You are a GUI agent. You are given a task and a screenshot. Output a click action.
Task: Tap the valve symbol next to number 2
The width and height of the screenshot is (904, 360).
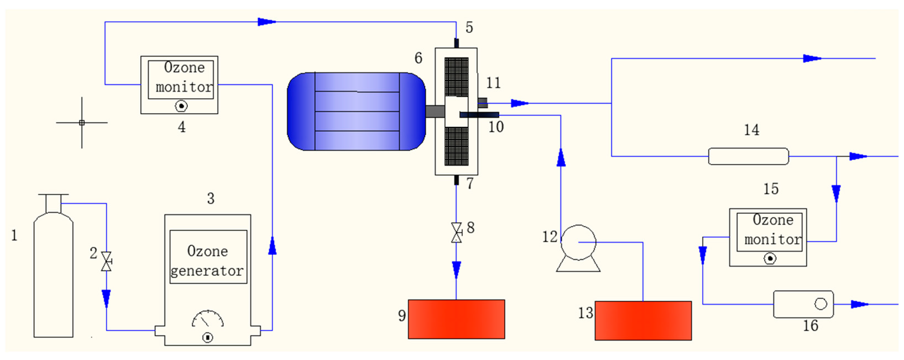coord(106,261)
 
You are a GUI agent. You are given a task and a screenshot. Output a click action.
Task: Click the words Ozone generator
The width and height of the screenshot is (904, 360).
coord(208,261)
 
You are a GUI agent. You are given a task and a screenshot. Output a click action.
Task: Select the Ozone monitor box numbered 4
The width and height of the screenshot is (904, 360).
coord(179,85)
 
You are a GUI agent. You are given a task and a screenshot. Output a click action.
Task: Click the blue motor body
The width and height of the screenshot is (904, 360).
coord(356,112)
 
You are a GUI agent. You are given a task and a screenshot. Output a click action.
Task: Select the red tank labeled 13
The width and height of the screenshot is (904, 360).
coord(643,320)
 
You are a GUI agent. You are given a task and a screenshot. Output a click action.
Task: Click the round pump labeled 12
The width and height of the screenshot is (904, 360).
coord(578,242)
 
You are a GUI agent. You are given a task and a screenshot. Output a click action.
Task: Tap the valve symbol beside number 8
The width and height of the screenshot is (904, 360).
coord(456,233)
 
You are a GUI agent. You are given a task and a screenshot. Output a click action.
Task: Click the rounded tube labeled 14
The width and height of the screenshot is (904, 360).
coord(748,156)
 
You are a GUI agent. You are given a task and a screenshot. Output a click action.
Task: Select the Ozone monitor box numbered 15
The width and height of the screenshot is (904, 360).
coord(768,237)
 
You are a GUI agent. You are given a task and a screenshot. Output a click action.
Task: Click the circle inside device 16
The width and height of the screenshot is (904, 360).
coord(821,304)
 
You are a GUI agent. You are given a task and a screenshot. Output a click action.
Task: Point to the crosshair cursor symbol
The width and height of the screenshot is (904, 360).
coord(82,123)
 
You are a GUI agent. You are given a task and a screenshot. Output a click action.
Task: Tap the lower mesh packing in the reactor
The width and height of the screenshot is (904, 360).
coord(456,146)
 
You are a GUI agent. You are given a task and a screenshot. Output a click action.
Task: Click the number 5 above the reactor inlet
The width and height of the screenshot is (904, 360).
coord(469,27)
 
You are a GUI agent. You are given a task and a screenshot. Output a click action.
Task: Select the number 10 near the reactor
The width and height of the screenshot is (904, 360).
coord(496,127)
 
